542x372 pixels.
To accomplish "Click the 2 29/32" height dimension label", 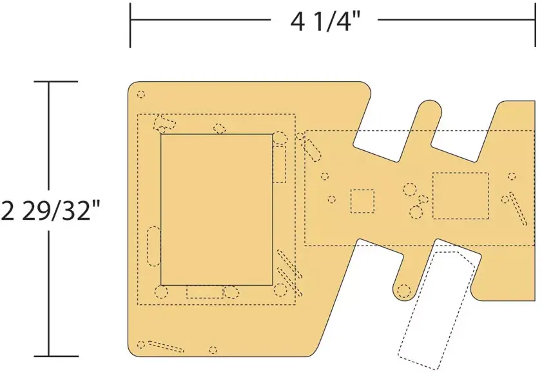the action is [x=50, y=211].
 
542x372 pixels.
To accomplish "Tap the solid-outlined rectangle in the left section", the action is [x=217, y=210].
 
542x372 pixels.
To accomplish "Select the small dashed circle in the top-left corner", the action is [x=141, y=94].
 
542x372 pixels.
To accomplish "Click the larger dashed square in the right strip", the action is [x=461, y=196].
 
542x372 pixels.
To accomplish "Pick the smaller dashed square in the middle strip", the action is [x=363, y=201].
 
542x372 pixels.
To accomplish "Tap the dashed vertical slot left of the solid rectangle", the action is [x=153, y=246].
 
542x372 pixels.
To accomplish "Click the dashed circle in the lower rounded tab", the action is [x=404, y=291].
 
